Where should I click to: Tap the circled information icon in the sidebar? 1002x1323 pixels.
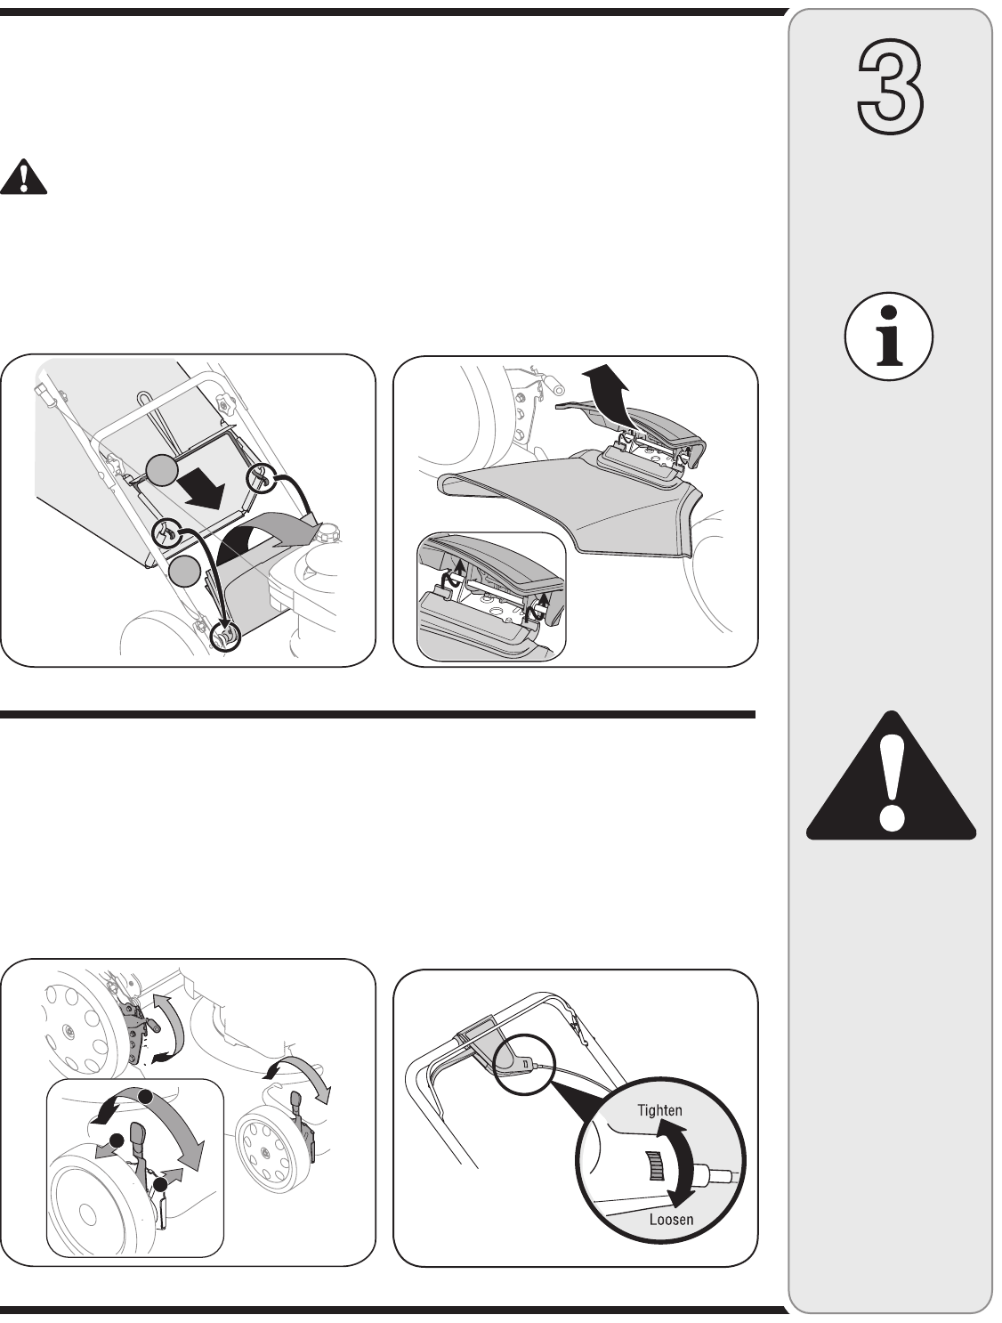click(888, 336)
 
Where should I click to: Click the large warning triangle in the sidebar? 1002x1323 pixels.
click(891, 776)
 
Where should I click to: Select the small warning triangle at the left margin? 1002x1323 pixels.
click(23, 176)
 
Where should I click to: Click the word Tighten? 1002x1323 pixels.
click(659, 1110)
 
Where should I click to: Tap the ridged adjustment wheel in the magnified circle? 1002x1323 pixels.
click(655, 1166)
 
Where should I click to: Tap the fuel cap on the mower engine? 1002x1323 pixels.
click(328, 533)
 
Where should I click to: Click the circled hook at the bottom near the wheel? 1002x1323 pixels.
click(225, 635)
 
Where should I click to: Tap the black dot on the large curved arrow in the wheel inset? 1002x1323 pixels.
click(145, 1097)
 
